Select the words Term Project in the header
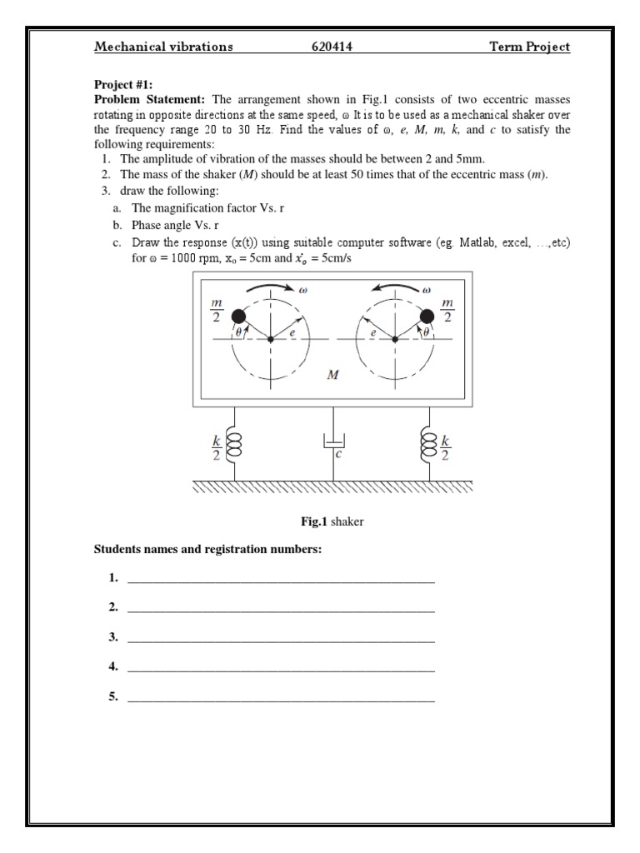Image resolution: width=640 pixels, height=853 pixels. tap(529, 47)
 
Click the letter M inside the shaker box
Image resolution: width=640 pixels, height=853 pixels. tap(333, 375)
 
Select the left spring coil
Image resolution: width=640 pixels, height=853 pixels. tap(235, 444)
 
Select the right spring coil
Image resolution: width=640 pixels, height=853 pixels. tap(431, 444)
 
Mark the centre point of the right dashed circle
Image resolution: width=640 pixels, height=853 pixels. tap(395, 339)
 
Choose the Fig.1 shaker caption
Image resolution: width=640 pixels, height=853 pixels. tap(332, 521)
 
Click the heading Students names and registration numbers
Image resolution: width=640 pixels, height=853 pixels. tap(207, 551)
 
